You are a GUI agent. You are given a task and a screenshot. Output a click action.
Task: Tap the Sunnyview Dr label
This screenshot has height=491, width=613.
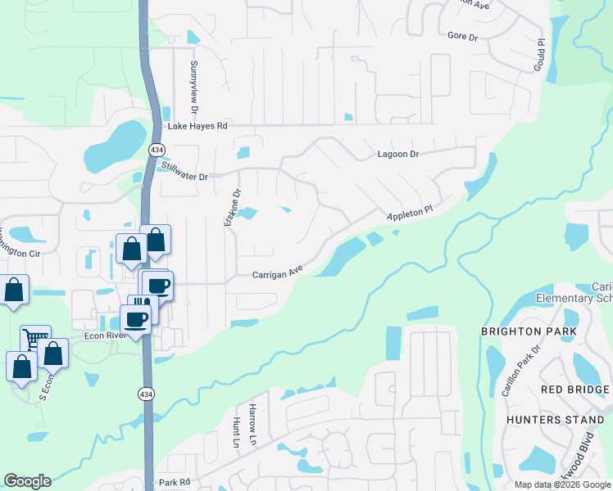click(195, 86)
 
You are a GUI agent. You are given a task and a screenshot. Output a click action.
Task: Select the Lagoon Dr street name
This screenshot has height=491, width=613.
click(397, 154)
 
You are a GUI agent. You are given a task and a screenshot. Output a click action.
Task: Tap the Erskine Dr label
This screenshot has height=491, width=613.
click(234, 208)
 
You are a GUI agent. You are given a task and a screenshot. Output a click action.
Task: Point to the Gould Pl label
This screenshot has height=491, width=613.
click(539, 54)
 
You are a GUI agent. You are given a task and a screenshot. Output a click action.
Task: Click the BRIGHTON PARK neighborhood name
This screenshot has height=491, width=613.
click(528, 331)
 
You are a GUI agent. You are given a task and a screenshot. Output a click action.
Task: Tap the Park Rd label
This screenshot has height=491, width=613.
click(174, 483)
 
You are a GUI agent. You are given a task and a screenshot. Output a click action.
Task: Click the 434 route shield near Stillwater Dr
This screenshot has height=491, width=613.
click(155, 151)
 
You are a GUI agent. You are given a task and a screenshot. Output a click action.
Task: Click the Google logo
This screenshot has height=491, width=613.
click(27, 481)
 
